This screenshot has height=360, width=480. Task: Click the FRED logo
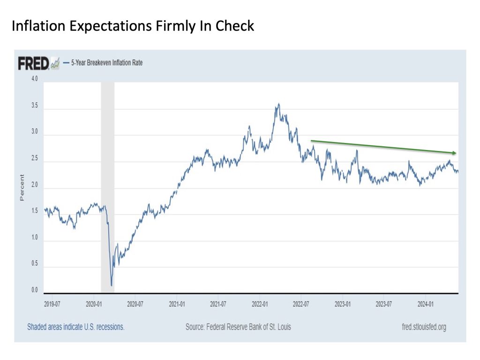tap(34, 63)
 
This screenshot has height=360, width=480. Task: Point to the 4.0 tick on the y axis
tap(35, 79)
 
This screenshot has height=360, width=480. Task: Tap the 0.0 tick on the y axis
tap(35, 290)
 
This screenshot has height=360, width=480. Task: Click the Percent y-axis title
tap(22, 188)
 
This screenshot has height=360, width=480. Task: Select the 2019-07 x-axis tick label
tap(52, 304)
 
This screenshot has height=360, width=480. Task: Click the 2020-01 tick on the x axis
tap(94, 304)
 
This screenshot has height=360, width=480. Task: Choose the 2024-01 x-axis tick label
tap(425, 304)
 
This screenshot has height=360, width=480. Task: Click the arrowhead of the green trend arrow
tap(454, 153)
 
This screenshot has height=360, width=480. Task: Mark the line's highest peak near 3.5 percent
tap(279, 104)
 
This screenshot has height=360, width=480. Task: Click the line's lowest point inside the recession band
tap(111, 285)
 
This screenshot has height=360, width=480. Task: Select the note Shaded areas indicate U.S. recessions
tap(75, 327)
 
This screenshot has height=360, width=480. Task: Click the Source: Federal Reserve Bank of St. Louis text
tap(238, 327)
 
